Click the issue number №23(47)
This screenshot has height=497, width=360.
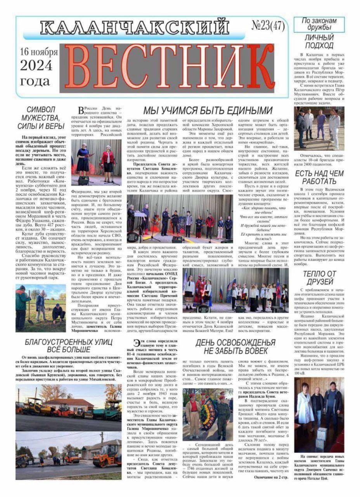click(x=268, y=26)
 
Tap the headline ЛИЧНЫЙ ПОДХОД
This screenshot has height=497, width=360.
click(x=319, y=42)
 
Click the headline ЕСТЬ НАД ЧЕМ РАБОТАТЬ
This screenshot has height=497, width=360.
click(x=319, y=177)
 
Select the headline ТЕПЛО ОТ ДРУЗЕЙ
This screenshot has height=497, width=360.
click(x=319, y=277)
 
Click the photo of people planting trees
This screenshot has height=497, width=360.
click(x=41, y=308)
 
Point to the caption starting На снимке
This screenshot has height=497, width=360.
click(x=319, y=467)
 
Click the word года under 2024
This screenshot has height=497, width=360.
click(x=35, y=81)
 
